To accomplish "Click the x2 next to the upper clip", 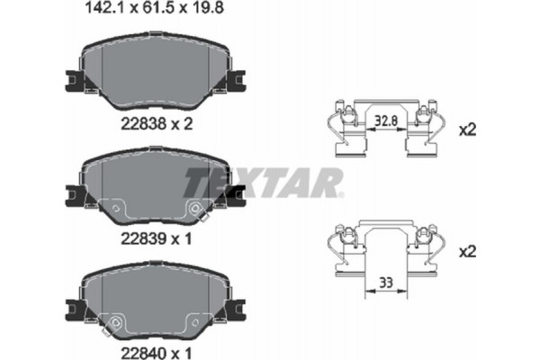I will click(x=467, y=130).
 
